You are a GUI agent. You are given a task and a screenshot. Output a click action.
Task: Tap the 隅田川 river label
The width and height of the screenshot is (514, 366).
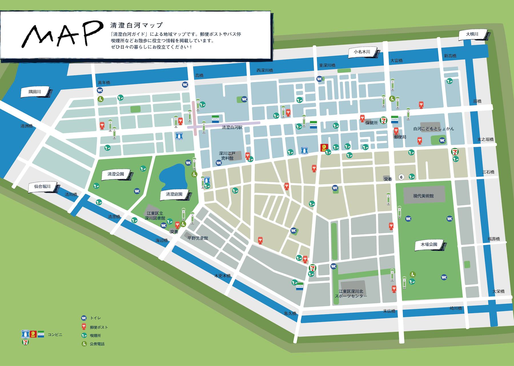[35, 92]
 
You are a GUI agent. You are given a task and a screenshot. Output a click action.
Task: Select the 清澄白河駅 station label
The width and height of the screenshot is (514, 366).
[232, 127]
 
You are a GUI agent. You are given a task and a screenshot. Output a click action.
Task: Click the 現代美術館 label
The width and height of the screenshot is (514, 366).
[423, 196]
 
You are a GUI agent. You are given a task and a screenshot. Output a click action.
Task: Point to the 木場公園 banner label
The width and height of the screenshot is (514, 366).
[429, 245]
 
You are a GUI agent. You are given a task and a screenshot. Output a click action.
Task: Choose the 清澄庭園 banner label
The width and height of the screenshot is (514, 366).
[174, 194]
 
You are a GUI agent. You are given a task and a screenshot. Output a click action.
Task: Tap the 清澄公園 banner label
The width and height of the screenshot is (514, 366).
[116, 174]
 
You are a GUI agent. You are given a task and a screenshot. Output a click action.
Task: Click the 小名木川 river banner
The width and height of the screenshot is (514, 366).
[362, 52]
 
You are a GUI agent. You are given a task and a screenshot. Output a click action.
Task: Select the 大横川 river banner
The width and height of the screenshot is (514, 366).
[472, 34]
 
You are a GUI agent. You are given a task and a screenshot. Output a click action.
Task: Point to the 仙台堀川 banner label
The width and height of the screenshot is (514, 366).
[43, 187]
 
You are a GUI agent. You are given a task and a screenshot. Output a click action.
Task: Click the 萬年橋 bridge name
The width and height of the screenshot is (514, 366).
[104, 83]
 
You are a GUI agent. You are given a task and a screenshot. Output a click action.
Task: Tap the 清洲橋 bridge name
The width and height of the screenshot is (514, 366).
[27, 126]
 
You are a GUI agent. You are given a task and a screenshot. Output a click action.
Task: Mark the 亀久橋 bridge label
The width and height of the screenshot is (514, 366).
[290, 313]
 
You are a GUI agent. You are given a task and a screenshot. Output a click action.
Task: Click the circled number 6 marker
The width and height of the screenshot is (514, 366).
[401, 177]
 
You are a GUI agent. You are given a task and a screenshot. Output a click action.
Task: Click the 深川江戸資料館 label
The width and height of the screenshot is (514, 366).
[227, 156]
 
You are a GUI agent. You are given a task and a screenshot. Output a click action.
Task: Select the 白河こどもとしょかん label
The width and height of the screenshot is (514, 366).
[433, 129]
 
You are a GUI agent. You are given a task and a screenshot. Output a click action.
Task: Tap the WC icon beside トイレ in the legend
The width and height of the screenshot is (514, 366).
[84, 318]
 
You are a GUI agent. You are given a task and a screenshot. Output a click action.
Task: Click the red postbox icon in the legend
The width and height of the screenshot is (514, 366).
[84, 327]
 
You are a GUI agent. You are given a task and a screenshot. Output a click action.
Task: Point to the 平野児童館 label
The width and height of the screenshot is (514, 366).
[198, 238]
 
